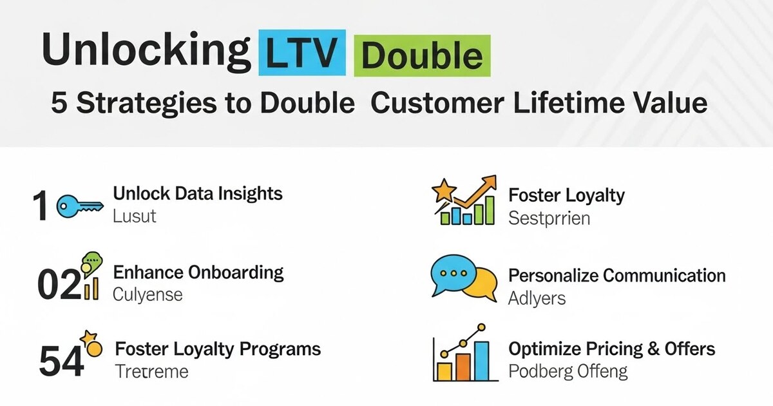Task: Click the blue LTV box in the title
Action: [300, 53]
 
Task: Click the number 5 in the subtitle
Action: [59, 104]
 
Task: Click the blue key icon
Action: [79, 206]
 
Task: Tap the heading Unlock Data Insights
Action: [198, 193]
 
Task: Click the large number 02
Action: [59, 284]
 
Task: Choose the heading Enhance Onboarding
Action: [198, 272]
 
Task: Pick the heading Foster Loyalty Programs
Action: [218, 349]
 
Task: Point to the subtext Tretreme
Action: [151, 372]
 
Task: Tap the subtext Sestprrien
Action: [549, 218]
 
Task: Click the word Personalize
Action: [552, 276]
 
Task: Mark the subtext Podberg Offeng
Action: [568, 372]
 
